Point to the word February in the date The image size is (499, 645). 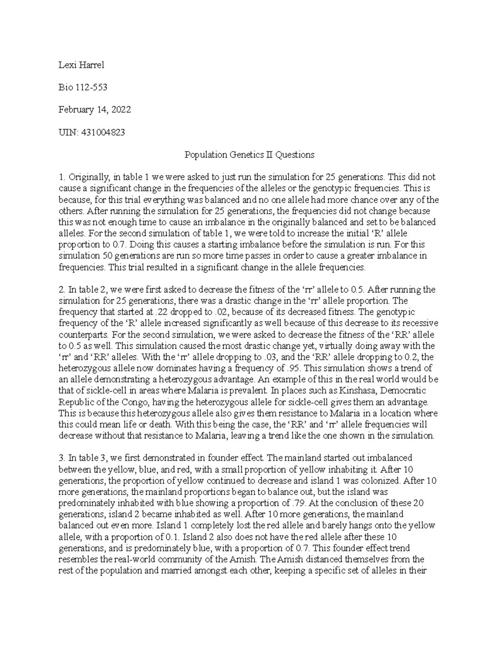coord(76,110)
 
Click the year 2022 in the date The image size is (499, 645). coord(121,110)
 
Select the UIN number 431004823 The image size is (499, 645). coord(102,132)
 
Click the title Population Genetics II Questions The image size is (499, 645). coord(249,155)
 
